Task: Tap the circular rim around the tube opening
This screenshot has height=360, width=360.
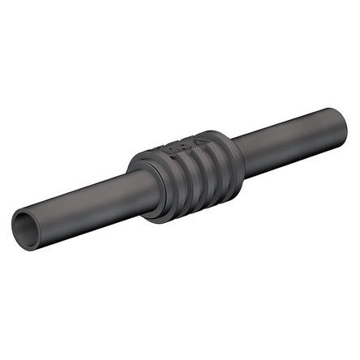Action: (18, 219)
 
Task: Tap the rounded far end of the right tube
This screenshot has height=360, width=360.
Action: (341, 122)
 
